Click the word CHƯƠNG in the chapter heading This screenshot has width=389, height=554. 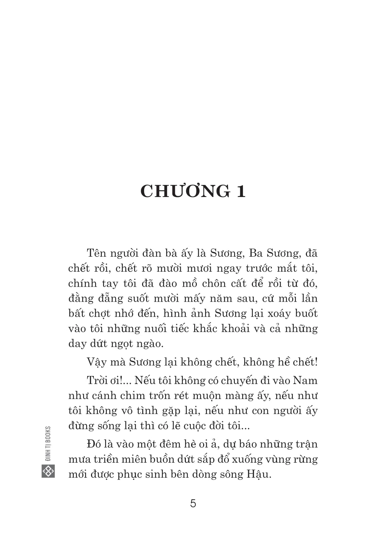coord(185,191)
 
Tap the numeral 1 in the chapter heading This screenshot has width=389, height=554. coord(241,191)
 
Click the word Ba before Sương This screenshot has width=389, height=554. coord(256,253)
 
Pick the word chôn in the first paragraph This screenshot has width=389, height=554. coord(213,283)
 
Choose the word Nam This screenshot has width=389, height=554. coord(307,380)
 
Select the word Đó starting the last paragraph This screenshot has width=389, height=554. coord(93,444)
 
